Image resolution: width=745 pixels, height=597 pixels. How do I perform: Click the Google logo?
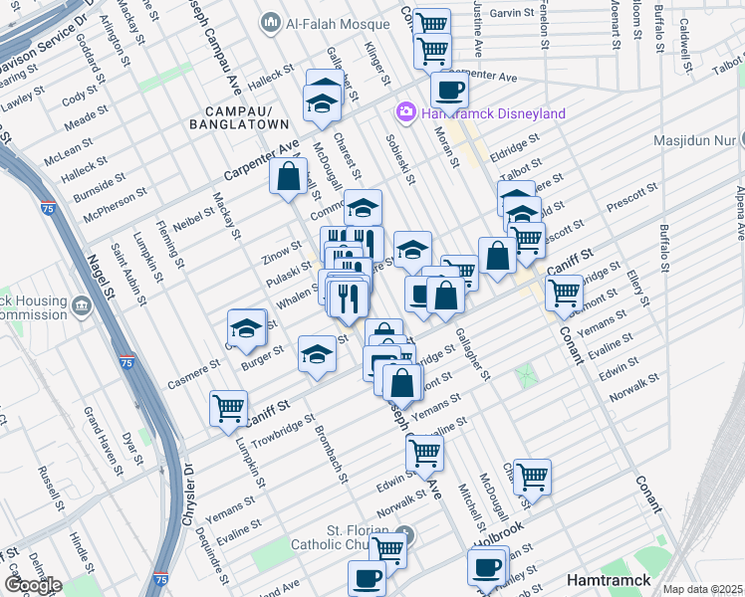coord(33,585)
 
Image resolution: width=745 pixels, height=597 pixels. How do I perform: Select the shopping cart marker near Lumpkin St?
coord(229,407)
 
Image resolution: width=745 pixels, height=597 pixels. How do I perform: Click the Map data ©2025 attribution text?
coord(703,589)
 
